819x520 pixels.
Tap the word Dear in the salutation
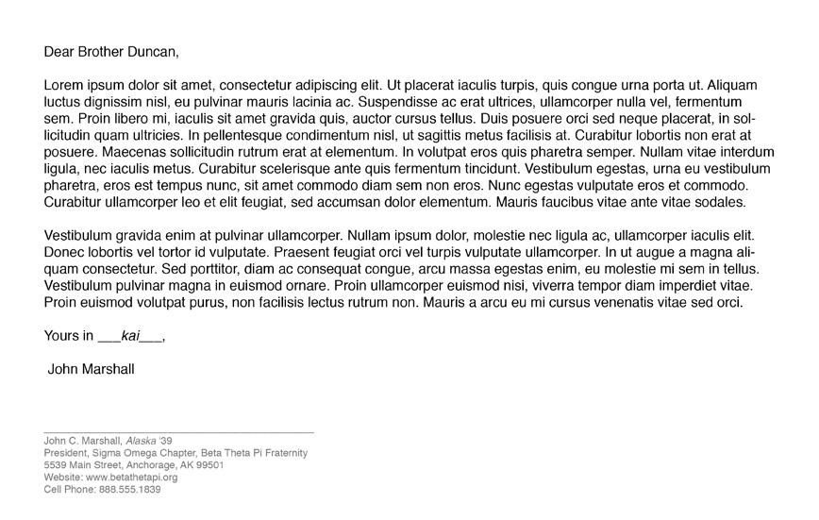click(58, 52)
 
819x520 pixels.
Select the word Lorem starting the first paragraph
click(63, 85)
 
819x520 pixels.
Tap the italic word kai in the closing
click(130, 336)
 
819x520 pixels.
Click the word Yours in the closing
click(61, 336)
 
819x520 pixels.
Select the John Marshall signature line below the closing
click(91, 369)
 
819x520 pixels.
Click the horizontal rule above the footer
click(178, 432)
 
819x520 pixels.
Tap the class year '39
click(166, 441)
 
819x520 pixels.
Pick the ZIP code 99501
click(209, 465)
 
